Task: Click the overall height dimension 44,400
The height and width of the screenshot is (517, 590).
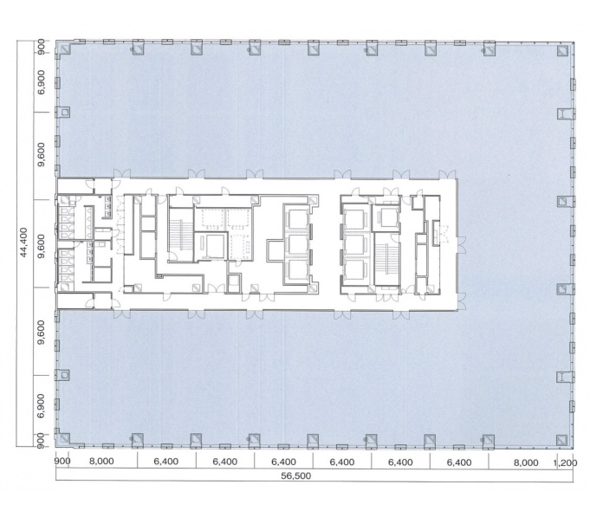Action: pyautogui.click(x=24, y=242)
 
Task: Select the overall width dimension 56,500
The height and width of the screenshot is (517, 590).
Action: pyautogui.click(x=295, y=475)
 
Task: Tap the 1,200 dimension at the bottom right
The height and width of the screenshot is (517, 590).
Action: pyautogui.click(x=565, y=462)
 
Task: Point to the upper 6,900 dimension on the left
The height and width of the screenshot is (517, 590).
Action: pyautogui.click(x=42, y=82)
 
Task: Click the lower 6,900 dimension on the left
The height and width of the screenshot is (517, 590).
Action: pyautogui.click(x=42, y=405)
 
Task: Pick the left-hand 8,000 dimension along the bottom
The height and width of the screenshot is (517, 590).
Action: pyautogui.click(x=101, y=462)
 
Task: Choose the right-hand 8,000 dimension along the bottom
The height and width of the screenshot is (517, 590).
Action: pyautogui.click(x=526, y=462)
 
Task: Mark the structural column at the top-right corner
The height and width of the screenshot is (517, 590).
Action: pyautogui.click(x=562, y=51)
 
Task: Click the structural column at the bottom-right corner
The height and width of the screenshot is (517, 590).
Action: pyautogui.click(x=561, y=440)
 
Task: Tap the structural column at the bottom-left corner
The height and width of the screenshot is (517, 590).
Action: pyautogui.click(x=65, y=438)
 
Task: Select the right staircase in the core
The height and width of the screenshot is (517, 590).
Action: pyautogui.click(x=386, y=260)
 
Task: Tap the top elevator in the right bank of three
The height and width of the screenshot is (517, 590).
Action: pyautogui.click(x=356, y=219)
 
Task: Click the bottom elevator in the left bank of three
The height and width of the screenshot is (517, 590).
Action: pyautogui.click(x=298, y=269)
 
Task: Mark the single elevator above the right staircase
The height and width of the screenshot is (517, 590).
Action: pyautogui.click(x=386, y=217)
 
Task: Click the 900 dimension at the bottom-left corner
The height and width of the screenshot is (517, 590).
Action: pyautogui.click(x=62, y=461)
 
